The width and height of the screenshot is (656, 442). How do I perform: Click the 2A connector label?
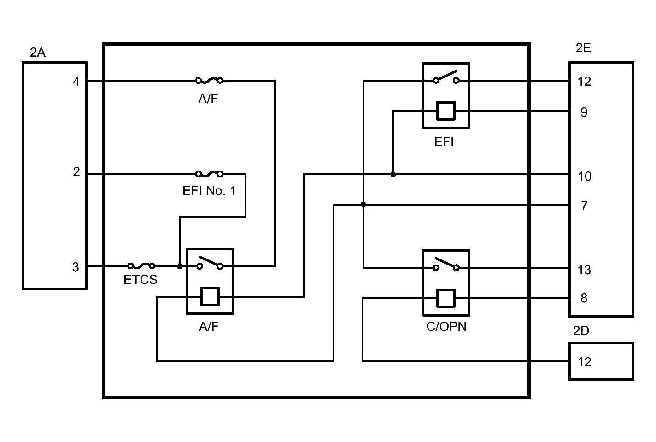[x=37, y=53]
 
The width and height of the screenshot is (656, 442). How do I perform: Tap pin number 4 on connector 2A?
[x=76, y=82]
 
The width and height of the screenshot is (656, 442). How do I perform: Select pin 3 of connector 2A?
[x=76, y=267]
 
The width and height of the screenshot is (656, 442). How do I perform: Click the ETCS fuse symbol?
[x=141, y=266]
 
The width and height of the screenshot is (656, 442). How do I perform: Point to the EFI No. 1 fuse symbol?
[x=210, y=174]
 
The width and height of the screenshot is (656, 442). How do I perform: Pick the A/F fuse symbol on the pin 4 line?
[x=210, y=80]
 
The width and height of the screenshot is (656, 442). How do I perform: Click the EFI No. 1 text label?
[x=209, y=191]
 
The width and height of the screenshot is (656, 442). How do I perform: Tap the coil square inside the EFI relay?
[x=446, y=111]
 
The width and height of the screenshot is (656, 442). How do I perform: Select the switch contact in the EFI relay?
[x=446, y=77]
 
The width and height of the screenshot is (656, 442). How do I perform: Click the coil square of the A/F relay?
[x=210, y=297]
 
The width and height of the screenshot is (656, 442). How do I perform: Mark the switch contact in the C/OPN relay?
[x=446, y=265]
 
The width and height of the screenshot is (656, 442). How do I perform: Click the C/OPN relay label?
[x=446, y=327]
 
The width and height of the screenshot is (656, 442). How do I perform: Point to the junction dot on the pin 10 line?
[x=393, y=174]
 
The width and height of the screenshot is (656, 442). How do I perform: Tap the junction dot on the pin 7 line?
[x=363, y=205]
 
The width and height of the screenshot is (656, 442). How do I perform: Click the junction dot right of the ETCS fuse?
[x=180, y=266]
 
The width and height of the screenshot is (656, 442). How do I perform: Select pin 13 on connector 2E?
[x=584, y=270]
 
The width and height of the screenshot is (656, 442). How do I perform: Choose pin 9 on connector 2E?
[x=584, y=112]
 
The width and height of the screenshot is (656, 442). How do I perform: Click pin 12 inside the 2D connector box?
[x=584, y=362]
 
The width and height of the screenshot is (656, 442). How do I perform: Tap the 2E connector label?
[x=583, y=48]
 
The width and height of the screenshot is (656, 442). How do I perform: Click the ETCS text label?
[x=141, y=280]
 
